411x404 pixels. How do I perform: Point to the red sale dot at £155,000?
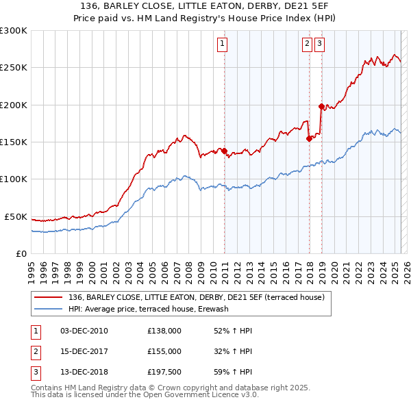click(309, 138)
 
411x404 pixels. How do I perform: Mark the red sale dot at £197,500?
click(321, 106)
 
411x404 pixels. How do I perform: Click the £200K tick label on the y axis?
click(14, 105)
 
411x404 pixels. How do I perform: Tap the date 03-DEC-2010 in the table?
click(84, 331)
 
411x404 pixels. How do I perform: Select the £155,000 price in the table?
click(164, 351)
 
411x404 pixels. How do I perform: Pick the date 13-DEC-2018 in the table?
click(84, 372)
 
